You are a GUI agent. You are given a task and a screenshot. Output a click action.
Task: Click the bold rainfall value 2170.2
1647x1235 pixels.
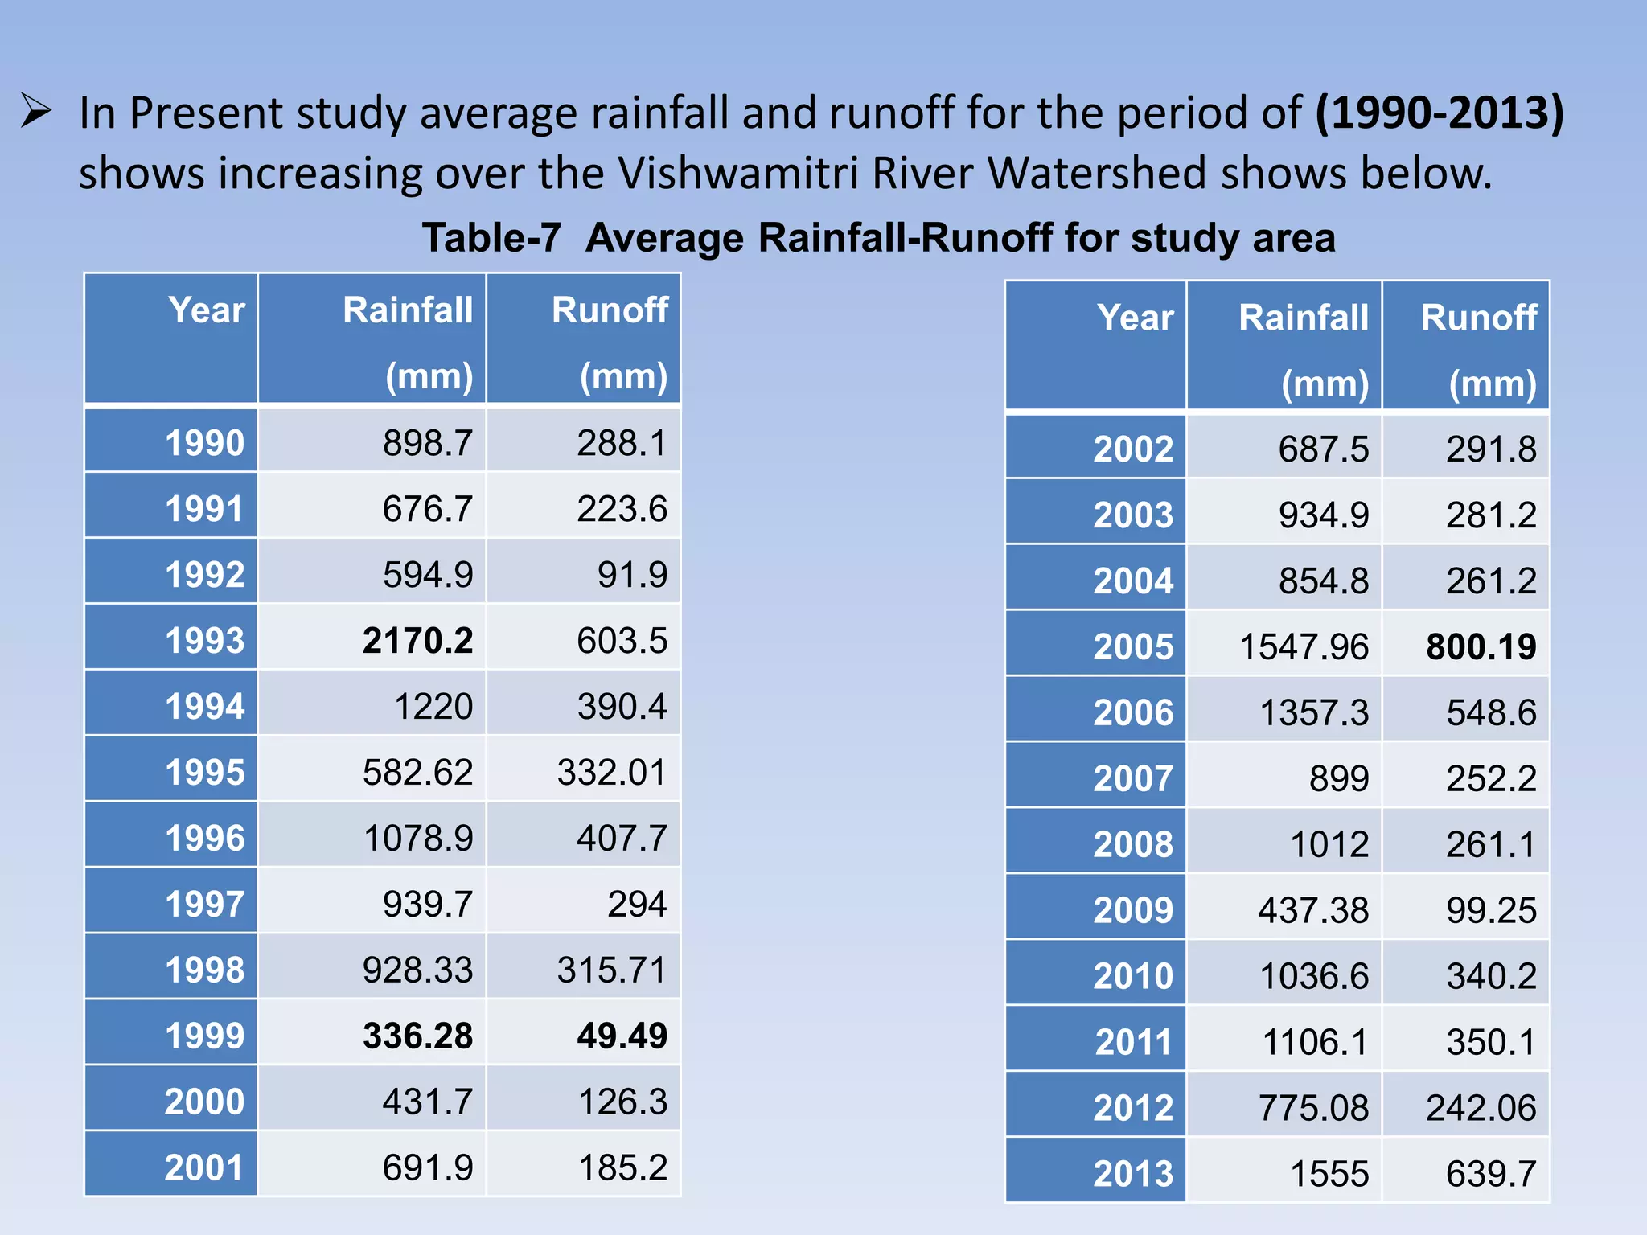pos(417,641)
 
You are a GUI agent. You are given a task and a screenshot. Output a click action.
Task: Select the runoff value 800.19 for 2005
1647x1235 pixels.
pos(1481,647)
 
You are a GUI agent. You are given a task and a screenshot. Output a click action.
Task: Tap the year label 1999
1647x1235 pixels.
pos(204,1036)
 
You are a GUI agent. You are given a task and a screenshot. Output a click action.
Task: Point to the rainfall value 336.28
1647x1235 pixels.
pos(417,1036)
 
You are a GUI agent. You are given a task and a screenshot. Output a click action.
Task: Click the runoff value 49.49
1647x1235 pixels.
pos(622,1036)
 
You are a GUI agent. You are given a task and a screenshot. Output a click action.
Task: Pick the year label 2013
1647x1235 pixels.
pos(1133,1174)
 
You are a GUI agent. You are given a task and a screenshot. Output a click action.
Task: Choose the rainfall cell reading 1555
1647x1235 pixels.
pos(1329,1174)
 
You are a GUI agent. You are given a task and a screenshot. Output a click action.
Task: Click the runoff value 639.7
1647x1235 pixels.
pos(1491,1174)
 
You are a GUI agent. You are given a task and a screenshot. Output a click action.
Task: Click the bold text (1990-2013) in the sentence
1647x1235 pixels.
pos(1440,113)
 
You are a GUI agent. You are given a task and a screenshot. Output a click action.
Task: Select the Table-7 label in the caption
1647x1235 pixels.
pos(491,238)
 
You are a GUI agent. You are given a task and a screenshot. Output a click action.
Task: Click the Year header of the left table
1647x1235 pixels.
pos(206,310)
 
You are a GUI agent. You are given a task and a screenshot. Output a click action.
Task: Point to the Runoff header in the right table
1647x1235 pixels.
pos(1479,318)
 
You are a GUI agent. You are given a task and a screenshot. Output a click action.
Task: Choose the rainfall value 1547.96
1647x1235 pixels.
pos(1304,647)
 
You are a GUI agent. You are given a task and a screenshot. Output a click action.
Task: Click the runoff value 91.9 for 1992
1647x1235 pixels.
pos(632,575)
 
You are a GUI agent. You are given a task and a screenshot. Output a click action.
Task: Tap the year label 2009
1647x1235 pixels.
pos(1133,910)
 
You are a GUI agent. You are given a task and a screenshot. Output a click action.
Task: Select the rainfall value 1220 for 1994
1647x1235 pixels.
pos(433,707)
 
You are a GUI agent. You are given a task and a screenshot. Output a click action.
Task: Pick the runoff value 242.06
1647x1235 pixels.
pos(1481,1108)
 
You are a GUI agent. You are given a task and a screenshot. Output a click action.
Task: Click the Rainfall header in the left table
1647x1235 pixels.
pos(408,310)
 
